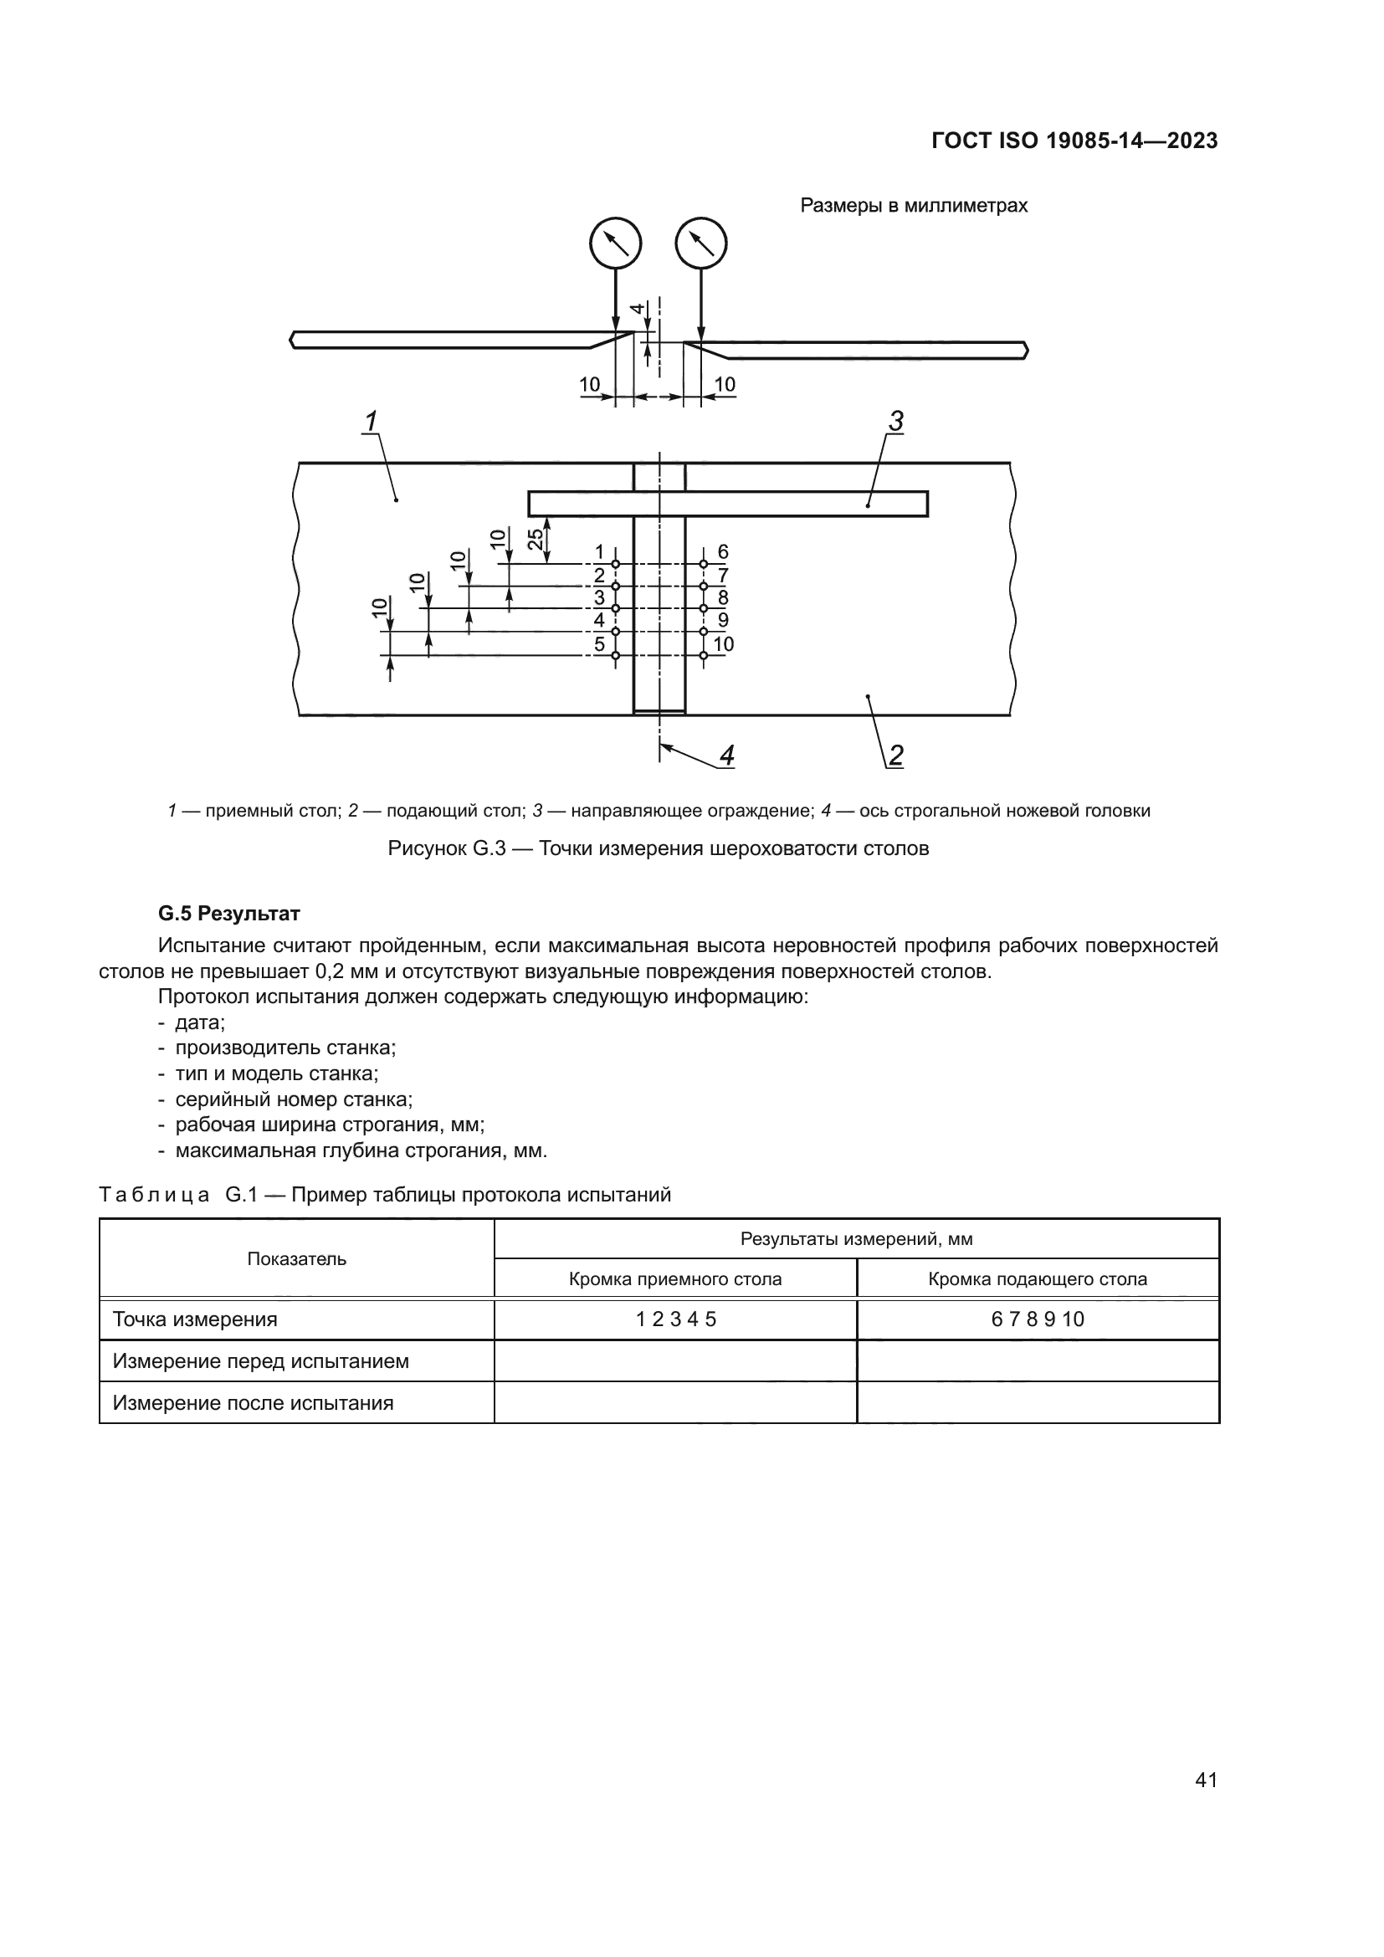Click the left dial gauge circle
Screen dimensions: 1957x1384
pyautogui.click(x=615, y=243)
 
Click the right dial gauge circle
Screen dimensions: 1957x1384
pyautogui.click(x=701, y=243)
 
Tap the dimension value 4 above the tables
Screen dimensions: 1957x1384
pyautogui.click(x=636, y=310)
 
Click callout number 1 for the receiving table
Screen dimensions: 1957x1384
pyautogui.click(x=372, y=421)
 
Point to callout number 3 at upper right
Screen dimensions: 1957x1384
pyautogui.click(x=895, y=421)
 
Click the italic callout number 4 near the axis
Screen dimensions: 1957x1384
pyautogui.click(x=726, y=756)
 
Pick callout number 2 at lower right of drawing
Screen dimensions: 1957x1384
pyautogui.click(x=895, y=756)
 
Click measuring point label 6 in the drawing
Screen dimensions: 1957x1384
pyautogui.click(x=723, y=551)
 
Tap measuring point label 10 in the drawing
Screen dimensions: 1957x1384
pyautogui.click(x=724, y=644)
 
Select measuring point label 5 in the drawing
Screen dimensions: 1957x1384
pyautogui.click(x=599, y=644)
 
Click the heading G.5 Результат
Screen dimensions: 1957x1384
pyautogui.click(x=229, y=914)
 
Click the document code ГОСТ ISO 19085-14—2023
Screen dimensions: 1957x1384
pyautogui.click(x=1074, y=141)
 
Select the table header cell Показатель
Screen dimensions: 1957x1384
pyautogui.click(x=296, y=1259)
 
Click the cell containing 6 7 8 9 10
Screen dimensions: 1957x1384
pyautogui.click(x=1037, y=1319)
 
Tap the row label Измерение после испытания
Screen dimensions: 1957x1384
pyautogui.click(x=253, y=1403)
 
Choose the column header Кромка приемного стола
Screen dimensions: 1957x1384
pyautogui.click(x=675, y=1278)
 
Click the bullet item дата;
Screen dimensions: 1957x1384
pyautogui.click(x=199, y=1022)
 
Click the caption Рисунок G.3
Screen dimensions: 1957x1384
pyautogui.click(x=658, y=849)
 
